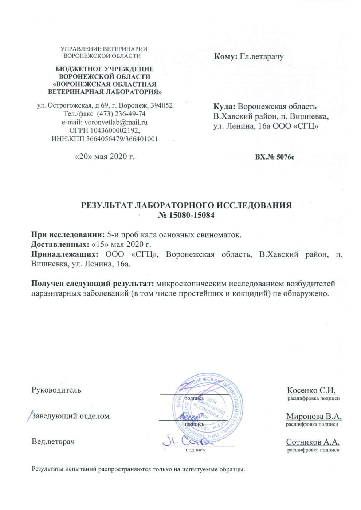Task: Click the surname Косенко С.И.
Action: [311, 390]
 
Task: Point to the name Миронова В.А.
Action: [314, 416]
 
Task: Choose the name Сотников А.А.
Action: [313, 442]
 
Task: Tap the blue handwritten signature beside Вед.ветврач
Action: [186, 441]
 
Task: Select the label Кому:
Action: [226, 57]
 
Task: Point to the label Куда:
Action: [225, 107]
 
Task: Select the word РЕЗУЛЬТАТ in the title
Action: [107, 205]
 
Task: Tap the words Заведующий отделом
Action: [71, 416]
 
